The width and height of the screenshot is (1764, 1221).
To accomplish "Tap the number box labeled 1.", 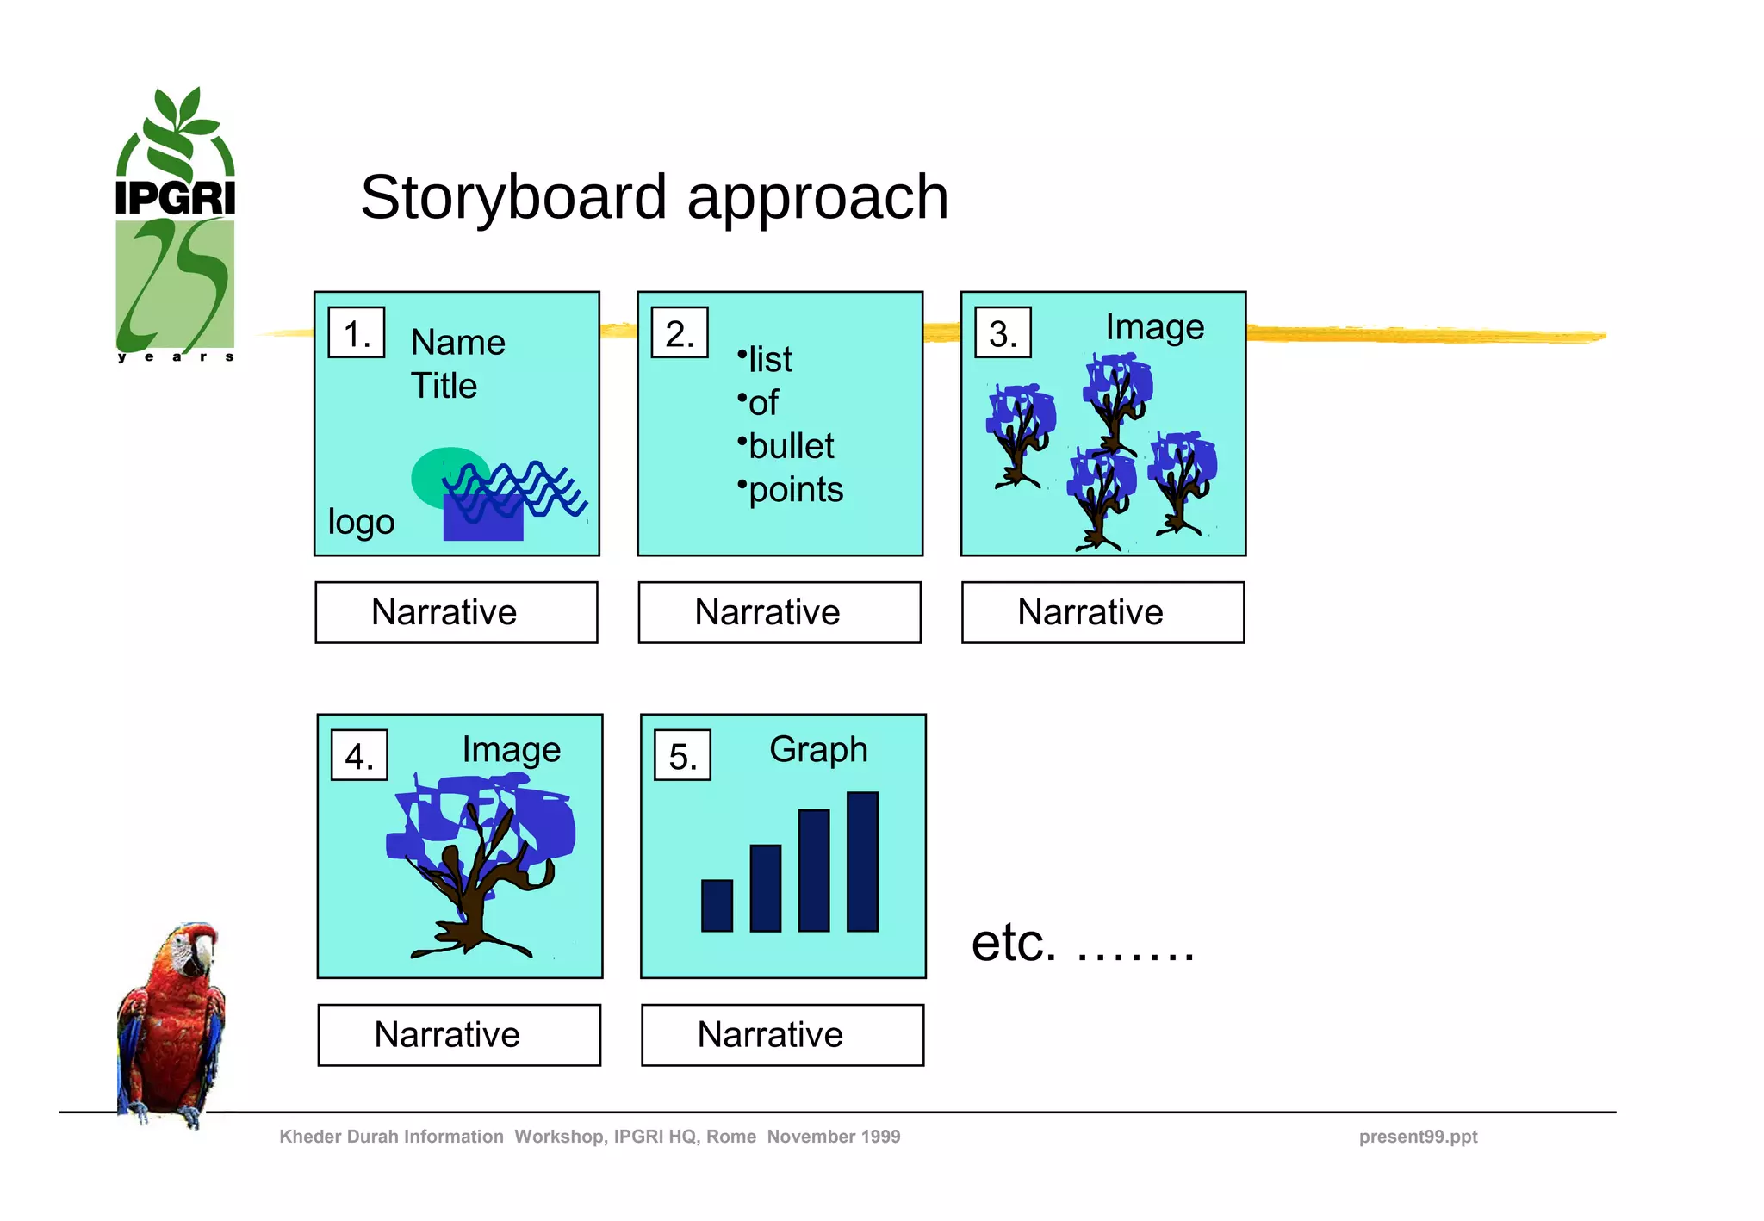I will [x=356, y=332].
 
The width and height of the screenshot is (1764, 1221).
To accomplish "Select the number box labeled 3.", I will [x=1003, y=332].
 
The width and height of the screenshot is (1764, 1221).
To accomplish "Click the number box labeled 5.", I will [x=682, y=755].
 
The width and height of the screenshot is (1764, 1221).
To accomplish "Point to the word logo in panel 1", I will [x=361, y=522].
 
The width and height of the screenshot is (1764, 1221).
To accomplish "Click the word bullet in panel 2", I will [x=791, y=446].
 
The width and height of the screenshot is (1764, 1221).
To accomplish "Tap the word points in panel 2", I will [x=795, y=489].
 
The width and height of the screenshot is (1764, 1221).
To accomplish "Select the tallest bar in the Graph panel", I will [x=862, y=861].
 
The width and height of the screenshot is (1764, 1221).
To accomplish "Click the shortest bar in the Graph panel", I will [x=717, y=905].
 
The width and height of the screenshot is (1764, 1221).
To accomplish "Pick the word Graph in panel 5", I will [x=817, y=749].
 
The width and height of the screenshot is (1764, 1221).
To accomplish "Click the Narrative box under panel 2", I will [x=780, y=612].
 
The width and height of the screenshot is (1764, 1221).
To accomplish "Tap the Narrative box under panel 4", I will [x=459, y=1034].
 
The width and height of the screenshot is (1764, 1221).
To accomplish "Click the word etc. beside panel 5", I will [x=1013, y=943].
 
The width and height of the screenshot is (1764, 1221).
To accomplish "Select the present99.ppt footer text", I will [x=1418, y=1137].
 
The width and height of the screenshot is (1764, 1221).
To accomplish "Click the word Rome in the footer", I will [x=730, y=1137].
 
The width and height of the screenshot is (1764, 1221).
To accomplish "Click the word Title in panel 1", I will [x=443, y=386].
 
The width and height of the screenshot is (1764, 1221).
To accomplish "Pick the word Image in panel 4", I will [x=511, y=749].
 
